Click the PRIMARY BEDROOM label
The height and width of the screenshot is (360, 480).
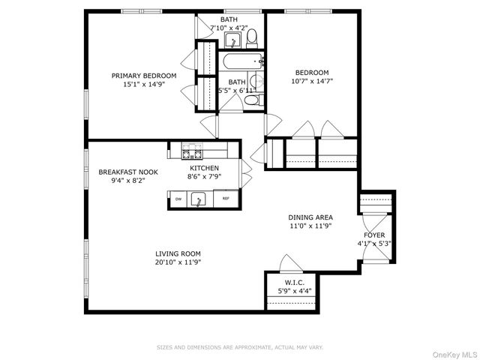[x=144, y=76]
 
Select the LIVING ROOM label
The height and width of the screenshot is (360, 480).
[x=178, y=253]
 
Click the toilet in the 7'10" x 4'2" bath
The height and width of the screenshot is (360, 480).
[x=253, y=37]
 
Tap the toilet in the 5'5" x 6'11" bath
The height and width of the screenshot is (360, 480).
[x=253, y=99]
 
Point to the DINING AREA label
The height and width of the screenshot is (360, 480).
[x=310, y=217]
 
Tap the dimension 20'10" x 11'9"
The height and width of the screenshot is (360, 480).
[x=178, y=262]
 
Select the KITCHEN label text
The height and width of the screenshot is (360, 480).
[x=203, y=168]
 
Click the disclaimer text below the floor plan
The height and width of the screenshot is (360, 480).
[x=240, y=347]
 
